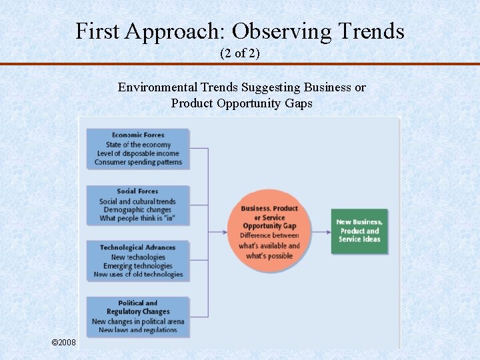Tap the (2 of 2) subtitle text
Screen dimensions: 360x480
point(240,53)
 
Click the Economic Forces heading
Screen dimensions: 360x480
point(138,135)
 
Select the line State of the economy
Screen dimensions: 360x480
point(138,145)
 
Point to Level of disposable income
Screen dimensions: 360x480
point(138,153)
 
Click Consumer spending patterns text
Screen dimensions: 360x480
point(138,162)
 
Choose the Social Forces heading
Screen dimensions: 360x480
point(137,191)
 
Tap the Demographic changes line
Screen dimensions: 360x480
point(137,210)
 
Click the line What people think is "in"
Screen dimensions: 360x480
point(137,218)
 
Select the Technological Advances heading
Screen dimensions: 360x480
point(138,247)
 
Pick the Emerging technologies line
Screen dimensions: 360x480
point(138,266)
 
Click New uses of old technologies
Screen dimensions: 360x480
point(138,274)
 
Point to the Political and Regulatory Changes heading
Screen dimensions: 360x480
point(138,307)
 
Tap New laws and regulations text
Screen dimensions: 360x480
point(138,330)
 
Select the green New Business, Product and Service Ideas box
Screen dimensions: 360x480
point(359,231)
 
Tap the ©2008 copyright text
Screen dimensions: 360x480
point(64,342)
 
